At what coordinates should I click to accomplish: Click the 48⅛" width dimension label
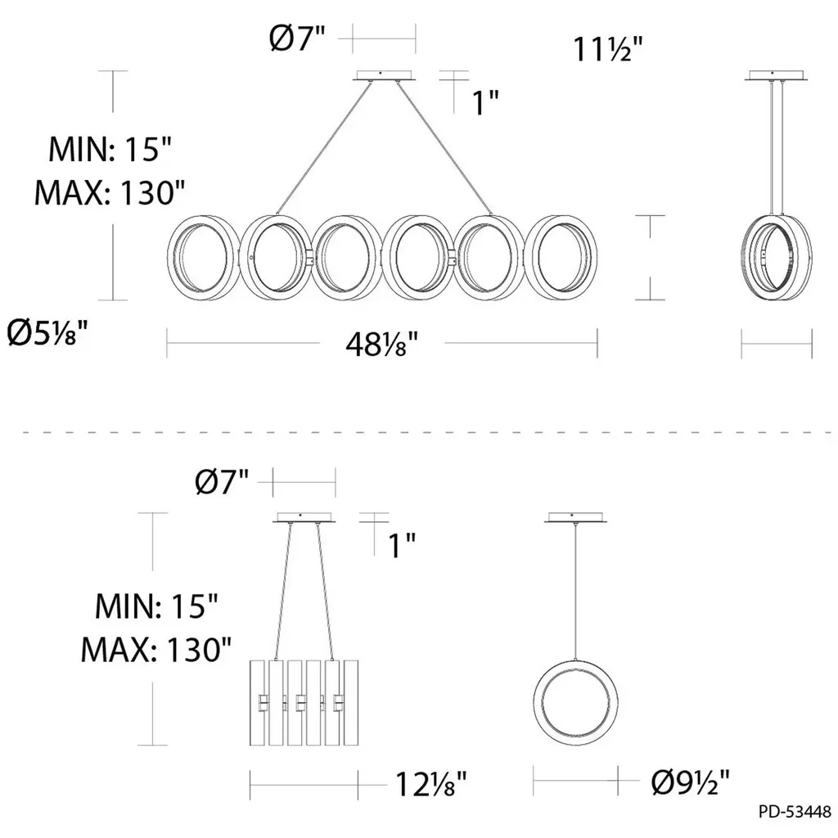pyautogui.click(x=381, y=345)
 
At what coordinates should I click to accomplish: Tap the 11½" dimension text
pyautogui.click(x=608, y=49)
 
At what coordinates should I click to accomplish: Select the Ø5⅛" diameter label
pyautogui.click(x=47, y=334)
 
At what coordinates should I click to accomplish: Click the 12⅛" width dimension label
pyautogui.click(x=430, y=785)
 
